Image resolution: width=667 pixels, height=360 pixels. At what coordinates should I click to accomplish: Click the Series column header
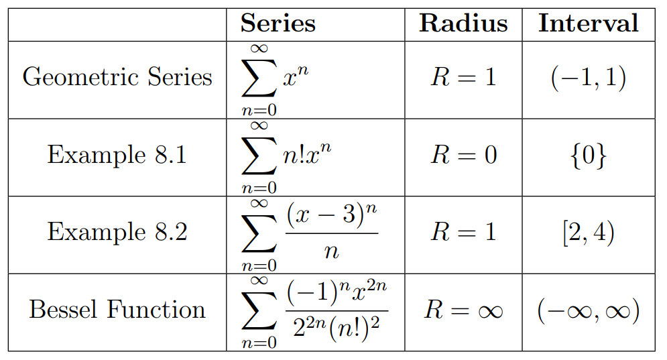pos(278,23)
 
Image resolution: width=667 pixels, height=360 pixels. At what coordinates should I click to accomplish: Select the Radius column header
pos(463,23)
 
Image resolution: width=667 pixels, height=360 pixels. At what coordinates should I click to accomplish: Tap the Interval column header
pos(589,23)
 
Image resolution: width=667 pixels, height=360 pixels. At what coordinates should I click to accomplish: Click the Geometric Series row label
pos(117,77)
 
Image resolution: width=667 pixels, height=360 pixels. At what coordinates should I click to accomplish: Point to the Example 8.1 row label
pos(117,154)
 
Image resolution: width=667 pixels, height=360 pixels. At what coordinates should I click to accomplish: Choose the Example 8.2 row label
pos(117,231)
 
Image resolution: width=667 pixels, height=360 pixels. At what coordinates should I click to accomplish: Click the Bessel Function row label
pos(117,309)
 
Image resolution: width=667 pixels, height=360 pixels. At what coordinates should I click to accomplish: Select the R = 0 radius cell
pos(464,154)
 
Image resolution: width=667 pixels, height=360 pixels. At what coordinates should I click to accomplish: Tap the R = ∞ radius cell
pos(464,309)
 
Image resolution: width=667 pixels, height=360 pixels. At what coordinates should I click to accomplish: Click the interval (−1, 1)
pos(589,78)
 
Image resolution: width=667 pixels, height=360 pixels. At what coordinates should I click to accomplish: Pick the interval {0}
pos(589,156)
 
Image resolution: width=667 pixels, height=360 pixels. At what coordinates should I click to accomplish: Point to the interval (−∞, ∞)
pos(589,310)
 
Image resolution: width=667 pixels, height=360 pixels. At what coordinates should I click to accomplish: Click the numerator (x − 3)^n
pos(332,215)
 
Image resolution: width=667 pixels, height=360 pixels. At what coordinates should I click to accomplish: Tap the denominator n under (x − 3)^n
pos(332,252)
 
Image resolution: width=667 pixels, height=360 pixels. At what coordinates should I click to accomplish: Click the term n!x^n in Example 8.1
pos(307,154)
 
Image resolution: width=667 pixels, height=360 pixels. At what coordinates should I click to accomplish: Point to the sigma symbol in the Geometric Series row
pos(259,78)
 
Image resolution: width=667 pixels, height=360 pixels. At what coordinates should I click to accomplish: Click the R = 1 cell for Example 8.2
pos(464,232)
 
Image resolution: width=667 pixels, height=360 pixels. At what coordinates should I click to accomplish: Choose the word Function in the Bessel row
pos(156,309)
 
